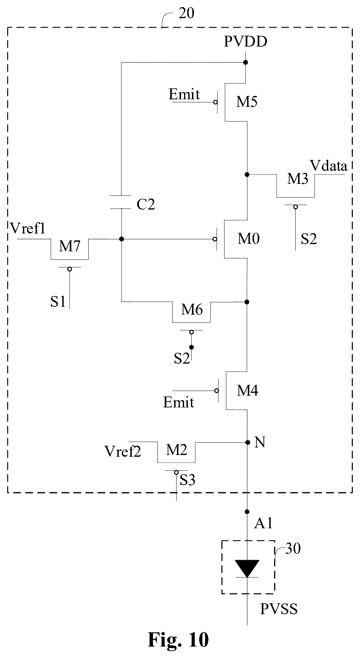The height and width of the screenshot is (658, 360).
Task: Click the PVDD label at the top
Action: [246, 42]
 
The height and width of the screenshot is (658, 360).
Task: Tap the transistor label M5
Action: [247, 102]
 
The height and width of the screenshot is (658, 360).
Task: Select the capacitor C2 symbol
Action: [121, 202]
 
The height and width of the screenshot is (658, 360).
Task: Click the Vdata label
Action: [329, 166]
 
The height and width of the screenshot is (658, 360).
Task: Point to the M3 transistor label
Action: [297, 179]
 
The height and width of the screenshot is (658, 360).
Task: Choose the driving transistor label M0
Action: [249, 239]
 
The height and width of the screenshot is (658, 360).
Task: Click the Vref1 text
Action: [28, 228]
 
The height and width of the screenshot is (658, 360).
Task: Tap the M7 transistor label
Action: [69, 246]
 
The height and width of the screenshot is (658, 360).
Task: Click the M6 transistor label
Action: [192, 309]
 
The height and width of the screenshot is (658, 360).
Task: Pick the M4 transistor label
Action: [248, 391]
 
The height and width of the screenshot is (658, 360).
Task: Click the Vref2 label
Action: [123, 452]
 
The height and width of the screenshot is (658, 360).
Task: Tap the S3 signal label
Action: [188, 480]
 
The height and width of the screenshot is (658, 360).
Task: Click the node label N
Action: [260, 443]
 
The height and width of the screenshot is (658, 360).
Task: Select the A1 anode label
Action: [263, 523]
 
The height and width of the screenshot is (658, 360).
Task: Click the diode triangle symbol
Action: [247, 569]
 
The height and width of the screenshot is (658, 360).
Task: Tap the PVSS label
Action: [279, 609]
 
